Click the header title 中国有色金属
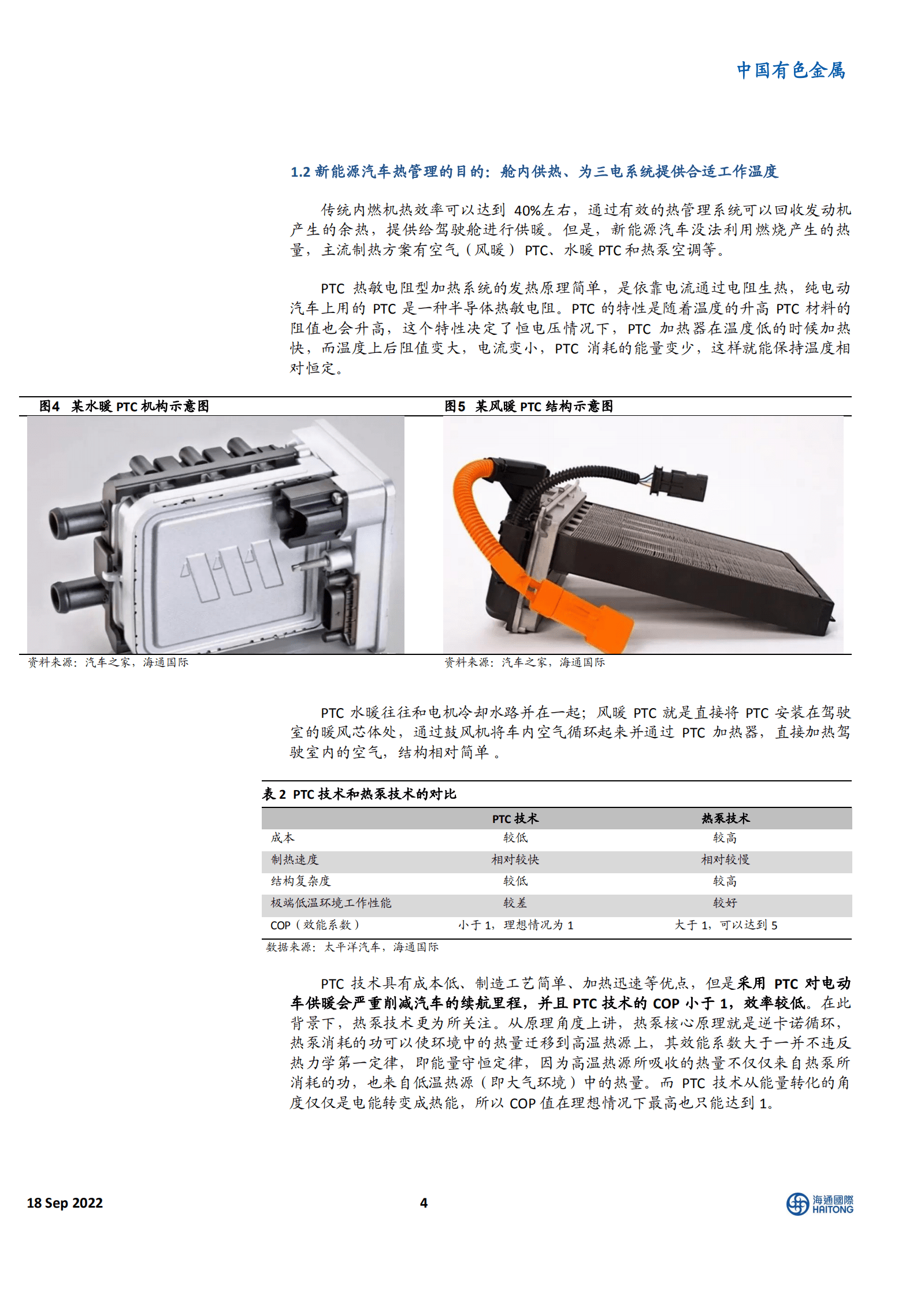coord(790,70)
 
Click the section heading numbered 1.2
coord(534,172)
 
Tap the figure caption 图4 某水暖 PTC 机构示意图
coord(124,406)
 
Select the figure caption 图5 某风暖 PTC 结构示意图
coord(528,406)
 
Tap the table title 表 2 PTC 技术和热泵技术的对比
coord(359,794)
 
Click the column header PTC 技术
coord(515,818)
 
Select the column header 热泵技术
coord(725,818)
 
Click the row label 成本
coord(283,838)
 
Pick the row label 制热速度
coord(295,859)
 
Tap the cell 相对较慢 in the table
coord(725,859)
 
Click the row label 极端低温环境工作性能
coord(331,903)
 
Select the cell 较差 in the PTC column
coord(515,903)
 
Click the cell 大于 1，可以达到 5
coord(726,925)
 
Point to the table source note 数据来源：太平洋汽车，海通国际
coord(352,947)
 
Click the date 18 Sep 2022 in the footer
coord(65,1203)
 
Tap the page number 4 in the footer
coord(424,1203)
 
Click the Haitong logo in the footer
coord(819,1204)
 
